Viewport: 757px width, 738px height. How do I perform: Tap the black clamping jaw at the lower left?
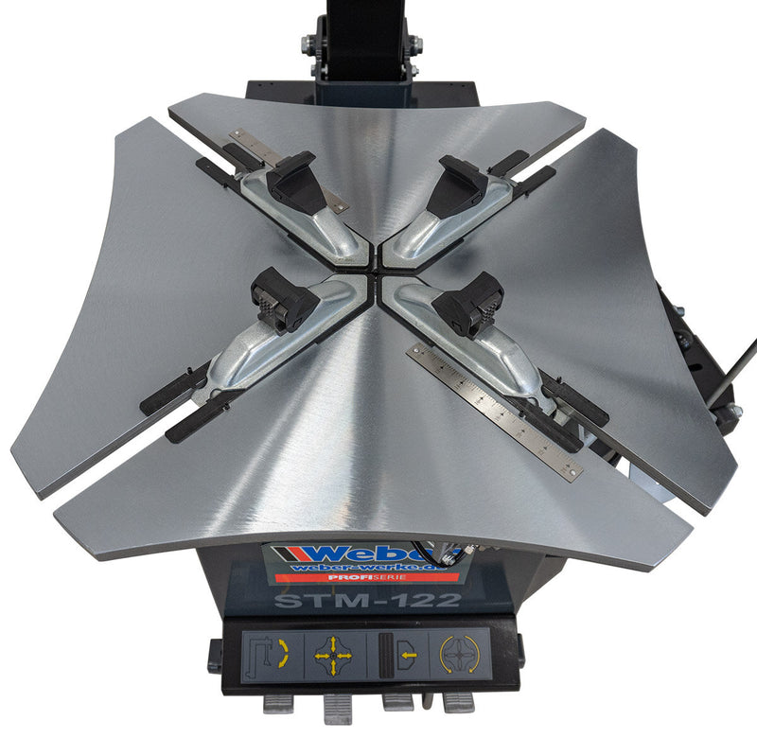coord(282,302)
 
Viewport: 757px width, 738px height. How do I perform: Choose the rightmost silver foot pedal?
coord(458,701)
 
